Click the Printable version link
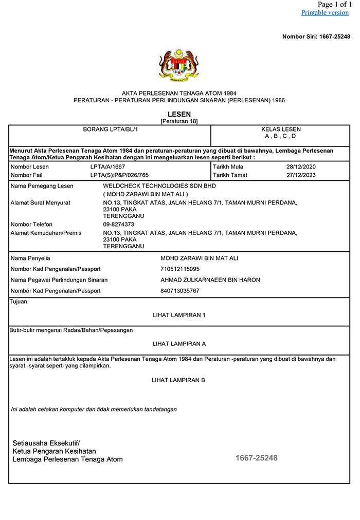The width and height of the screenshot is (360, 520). tap(325, 12)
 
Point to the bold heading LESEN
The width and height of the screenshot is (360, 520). tap(179, 114)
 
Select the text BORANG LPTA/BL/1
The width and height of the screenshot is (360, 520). tap(111, 129)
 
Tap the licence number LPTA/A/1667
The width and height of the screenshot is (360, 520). tap(107, 167)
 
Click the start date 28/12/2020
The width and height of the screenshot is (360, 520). tap(301, 167)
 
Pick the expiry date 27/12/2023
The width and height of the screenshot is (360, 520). tap(301, 175)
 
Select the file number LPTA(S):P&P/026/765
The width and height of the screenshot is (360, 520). tap(119, 175)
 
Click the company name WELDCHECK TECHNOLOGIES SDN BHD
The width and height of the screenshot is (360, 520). tap(159, 186)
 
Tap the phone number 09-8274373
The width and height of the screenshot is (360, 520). tap(119, 225)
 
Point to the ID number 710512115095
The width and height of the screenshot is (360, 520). tap(180, 269)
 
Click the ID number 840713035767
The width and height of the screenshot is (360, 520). tap(180, 291)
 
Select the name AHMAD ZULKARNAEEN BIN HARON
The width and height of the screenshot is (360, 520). tap(210, 280)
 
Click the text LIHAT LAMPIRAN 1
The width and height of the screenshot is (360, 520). tap(179, 315)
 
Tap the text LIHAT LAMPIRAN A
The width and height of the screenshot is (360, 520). tap(179, 344)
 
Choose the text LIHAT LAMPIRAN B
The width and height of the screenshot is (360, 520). tap(178, 380)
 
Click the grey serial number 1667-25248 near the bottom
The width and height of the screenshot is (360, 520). tap(256, 458)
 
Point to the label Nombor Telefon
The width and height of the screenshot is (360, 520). tap(31, 225)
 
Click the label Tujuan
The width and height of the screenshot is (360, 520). tap(19, 302)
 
